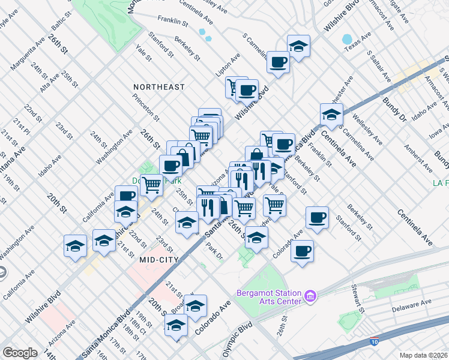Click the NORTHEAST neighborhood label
tap(159, 87)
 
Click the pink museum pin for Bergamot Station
tap(310, 295)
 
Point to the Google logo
tap(20, 352)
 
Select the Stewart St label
tap(359, 299)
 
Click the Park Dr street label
tap(214, 251)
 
